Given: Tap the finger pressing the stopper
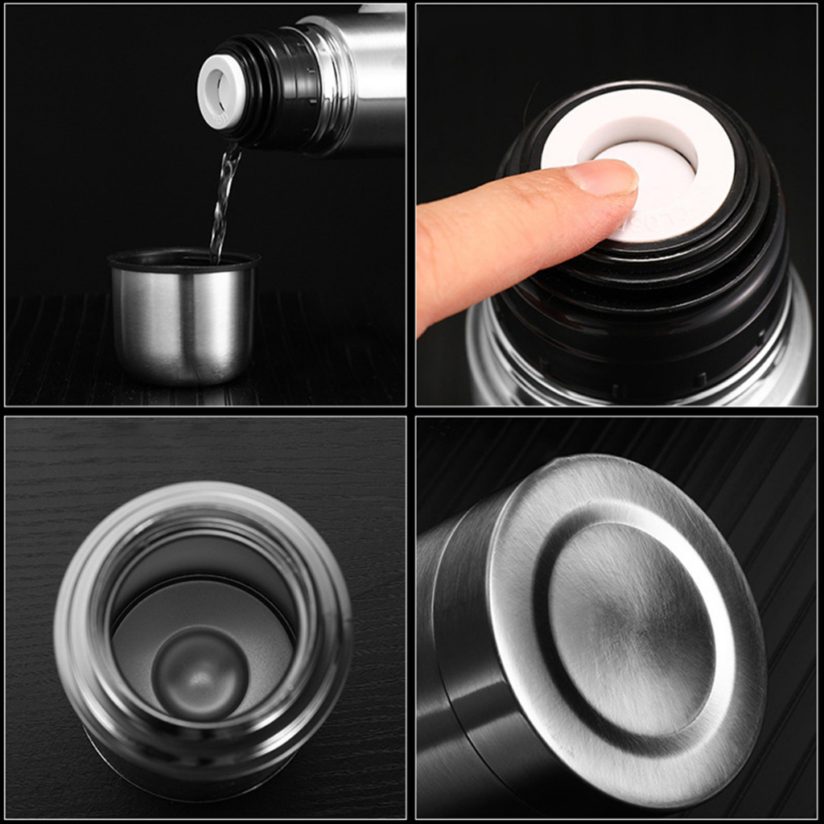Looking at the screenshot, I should [499, 233].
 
